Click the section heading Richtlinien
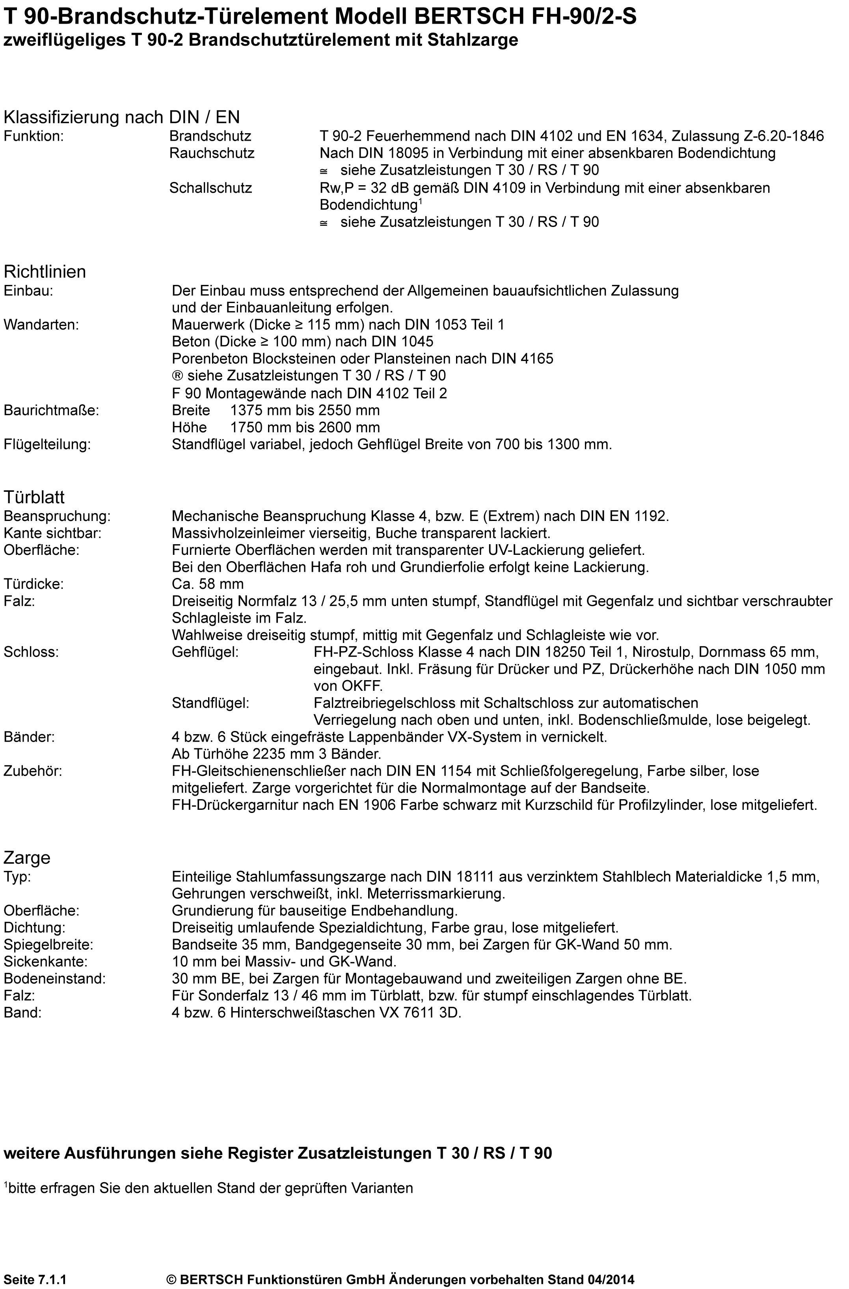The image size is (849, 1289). point(45,272)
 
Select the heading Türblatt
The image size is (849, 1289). point(34,497)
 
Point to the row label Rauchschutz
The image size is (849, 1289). point(211,153)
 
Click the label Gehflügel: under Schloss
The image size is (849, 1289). point(205,652)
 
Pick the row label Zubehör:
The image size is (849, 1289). point(33,771)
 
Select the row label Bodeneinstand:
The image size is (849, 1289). point(55,979)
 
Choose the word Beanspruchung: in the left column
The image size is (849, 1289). point(57,516)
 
